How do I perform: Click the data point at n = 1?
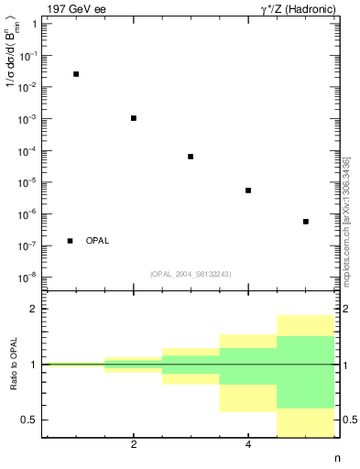tap(76, 74)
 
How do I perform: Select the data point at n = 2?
tap(134, 118)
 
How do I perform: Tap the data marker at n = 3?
tap(191, 157)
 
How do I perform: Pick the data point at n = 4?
tap(248, 191)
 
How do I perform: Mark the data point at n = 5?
tap(306, 222)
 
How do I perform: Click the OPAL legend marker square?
tap(71, 241)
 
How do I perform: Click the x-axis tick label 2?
tap(134, 445)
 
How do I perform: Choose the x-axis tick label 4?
tap(248, 445)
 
